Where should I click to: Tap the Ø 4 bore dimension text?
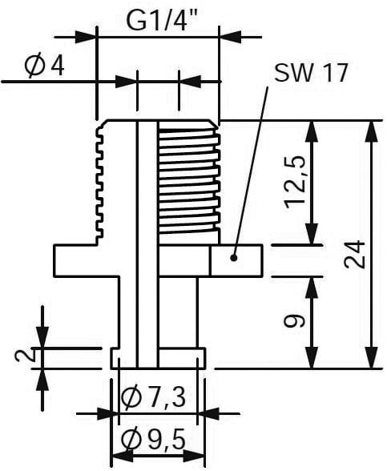pos(45,66)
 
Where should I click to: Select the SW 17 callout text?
pos(311,73)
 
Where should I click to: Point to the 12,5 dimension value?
pos(296,183)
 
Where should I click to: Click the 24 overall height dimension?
pos(355,254)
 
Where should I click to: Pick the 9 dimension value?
pos(295,321)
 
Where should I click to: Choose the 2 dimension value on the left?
pos(25,356)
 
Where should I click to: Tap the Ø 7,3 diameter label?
pos(153,398)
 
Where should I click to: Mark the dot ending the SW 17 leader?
pos(234,258)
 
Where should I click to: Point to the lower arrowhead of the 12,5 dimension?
pos(312,233)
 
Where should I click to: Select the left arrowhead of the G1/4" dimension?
pos(86,37)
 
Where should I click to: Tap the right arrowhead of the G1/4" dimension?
pos(231,37)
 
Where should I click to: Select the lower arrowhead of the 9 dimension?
pos(312,357)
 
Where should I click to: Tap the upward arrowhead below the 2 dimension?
pos(42,379)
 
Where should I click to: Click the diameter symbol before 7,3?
pos(131,398)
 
